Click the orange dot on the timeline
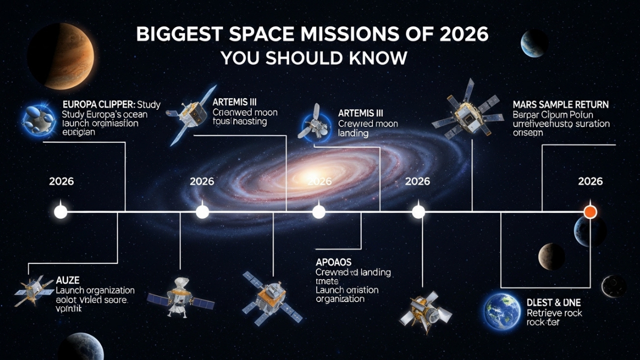(589, 212)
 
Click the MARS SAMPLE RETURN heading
(561, 105)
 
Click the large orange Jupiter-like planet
(62, 57)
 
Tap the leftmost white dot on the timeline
(61, 212)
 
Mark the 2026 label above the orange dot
(590, 181)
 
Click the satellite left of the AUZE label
(33, 291)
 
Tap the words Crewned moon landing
(361, 128)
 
